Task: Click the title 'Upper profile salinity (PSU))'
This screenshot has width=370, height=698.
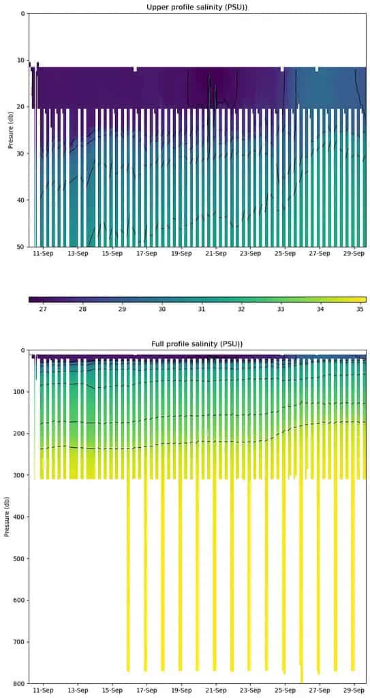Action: coord(197,7)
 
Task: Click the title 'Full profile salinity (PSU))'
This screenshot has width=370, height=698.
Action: coord(197,344)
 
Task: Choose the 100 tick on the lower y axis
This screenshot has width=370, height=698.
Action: coord(19,392)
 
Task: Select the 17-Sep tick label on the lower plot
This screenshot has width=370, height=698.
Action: coord(146,691)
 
